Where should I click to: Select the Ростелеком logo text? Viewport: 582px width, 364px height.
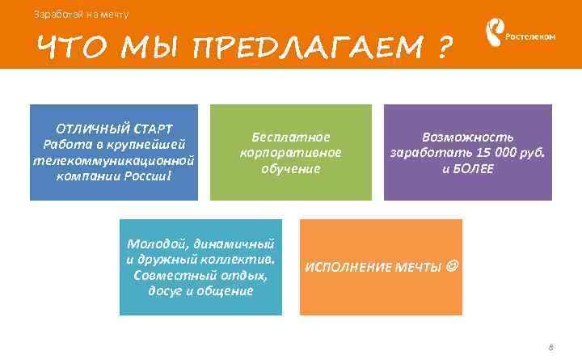(530, 37)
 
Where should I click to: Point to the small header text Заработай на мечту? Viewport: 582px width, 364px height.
(81, 14)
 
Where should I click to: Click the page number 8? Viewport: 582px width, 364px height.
(550, 347)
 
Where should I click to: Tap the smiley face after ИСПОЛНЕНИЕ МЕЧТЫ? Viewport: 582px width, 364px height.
(452, 266)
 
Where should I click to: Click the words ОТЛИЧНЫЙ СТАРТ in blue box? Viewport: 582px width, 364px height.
(114, 129)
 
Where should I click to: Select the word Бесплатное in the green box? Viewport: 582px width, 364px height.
(291, 137)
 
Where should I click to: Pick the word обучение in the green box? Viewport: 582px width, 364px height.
(291, 168)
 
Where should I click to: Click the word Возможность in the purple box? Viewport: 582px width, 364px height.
(468, 137)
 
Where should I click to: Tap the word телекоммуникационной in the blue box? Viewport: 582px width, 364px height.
(114, 160)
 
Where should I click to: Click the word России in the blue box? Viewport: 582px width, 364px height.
(148, 176)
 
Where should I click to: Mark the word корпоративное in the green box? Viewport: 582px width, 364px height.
(291, 152)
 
